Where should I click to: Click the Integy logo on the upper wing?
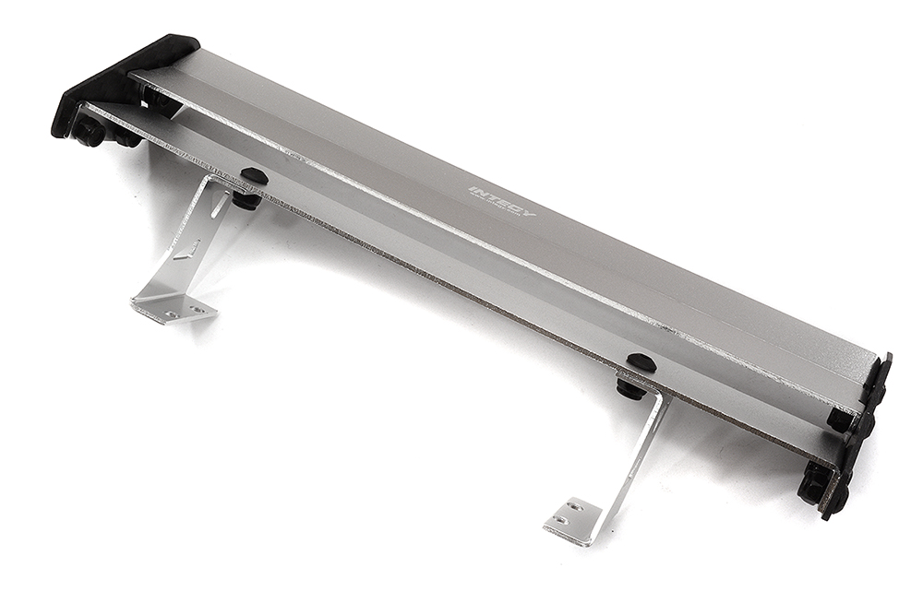pyautogui.click(x=501, y=202)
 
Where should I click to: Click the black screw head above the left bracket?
pyautogui.click(x=253, y=175)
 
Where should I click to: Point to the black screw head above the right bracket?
pyautogui.click(x=641, y=362)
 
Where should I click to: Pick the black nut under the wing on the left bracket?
pyautogui.click(x=246, y=199)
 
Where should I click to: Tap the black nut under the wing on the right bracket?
pyautogui.click(x=630, y=388)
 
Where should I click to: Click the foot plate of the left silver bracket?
pyautogui.click(x=174, y=308)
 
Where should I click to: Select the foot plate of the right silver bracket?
pyautogui.click(x=572, y=520)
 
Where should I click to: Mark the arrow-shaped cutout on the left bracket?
pyautogui.click(x=189, y=250)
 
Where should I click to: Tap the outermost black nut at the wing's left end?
pyautogui.click(x=89, y=133)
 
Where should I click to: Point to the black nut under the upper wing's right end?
pyautogui.click(x=840, y=420)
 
